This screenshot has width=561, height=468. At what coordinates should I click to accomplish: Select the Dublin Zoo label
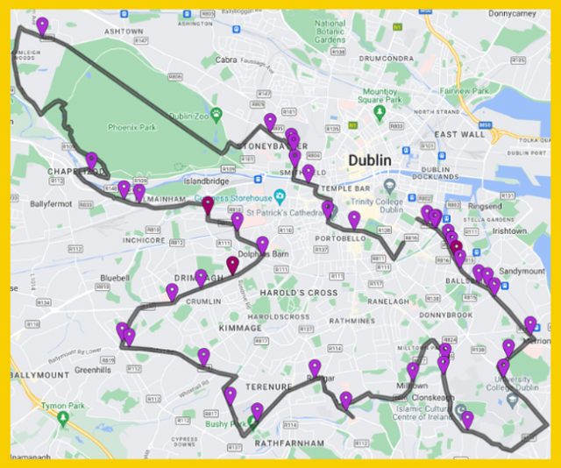click(192, 116)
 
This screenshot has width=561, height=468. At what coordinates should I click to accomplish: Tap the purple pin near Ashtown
click(42, 27)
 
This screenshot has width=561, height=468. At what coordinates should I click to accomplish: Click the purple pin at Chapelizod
click(91, 161)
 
